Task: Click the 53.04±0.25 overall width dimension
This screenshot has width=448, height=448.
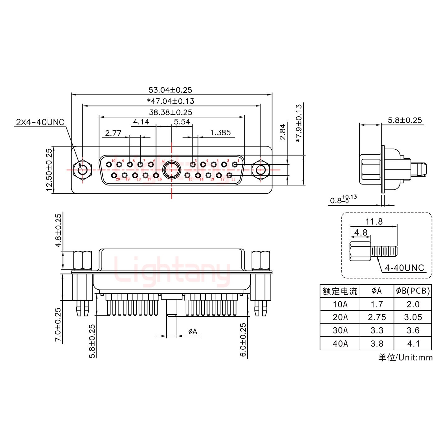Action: (170, 90)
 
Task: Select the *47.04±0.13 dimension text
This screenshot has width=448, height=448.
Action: (170, 101)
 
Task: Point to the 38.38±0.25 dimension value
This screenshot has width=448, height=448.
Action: (170, 112)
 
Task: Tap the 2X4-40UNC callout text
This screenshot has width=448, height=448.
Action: (40, 122)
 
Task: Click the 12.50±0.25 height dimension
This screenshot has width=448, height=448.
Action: (49, 170)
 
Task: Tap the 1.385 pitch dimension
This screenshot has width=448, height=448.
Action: (220, 133)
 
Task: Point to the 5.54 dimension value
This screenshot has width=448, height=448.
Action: (182, 122)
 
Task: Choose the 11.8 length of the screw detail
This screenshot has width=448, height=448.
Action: (374, 222)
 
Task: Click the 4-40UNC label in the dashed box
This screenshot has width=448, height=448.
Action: (404, 268)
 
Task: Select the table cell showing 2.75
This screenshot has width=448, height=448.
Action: (377, 317)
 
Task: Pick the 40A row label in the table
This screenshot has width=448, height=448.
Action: (340, 343)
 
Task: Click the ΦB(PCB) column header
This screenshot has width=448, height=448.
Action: (413, 291)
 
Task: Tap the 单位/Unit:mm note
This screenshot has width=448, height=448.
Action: (405, 357)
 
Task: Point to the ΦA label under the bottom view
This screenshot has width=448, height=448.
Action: (193, 332)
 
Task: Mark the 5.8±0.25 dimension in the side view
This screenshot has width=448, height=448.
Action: (405, 120)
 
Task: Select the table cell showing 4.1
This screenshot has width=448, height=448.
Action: (413, 343)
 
